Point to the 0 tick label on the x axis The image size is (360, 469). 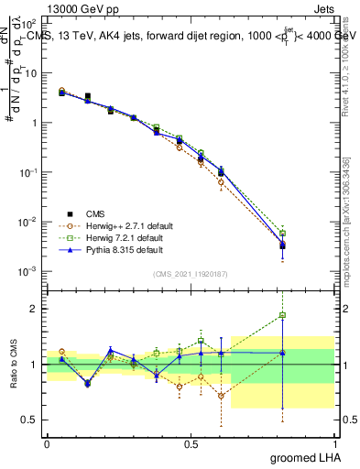pos(47,443)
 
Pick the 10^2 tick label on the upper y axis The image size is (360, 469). pos(29,23)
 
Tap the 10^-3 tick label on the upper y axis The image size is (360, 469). pos(29,271)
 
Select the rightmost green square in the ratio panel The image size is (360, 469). pos(283,315)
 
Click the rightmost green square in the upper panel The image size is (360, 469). pos(283,233)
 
